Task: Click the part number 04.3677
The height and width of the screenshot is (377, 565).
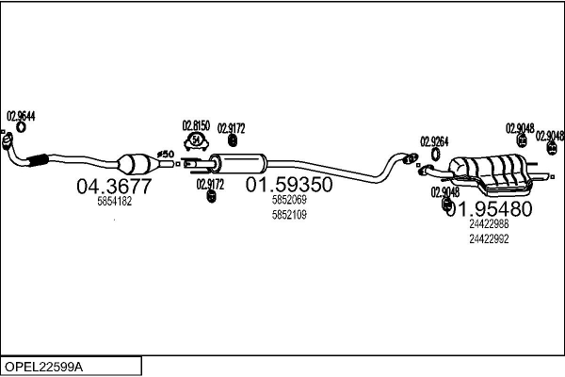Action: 113,186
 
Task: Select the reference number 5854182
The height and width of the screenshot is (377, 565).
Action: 115,201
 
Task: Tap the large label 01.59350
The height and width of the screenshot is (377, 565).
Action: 289,186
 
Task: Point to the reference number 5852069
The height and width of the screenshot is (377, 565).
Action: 289,201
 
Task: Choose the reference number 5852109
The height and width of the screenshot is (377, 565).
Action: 289,215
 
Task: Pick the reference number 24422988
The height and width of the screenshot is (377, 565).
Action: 488,224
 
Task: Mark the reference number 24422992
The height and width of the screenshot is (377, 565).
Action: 488,238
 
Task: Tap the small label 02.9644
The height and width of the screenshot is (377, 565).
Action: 21,116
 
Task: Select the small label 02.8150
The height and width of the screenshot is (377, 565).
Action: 196,125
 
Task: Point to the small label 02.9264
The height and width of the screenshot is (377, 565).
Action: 434,141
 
